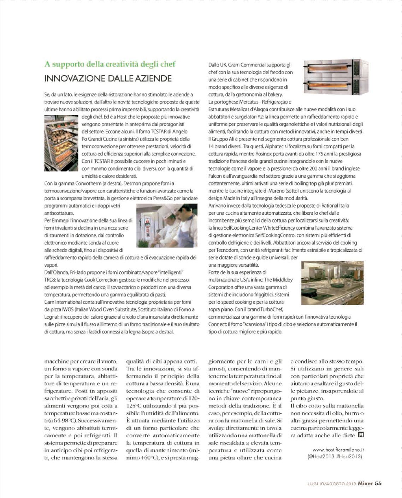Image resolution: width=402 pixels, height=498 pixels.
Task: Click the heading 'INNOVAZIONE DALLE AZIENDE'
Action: (x=108, y=78)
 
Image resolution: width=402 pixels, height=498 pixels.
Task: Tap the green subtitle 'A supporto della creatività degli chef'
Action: (x=110, y=64)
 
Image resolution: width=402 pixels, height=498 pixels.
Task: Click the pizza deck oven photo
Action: (x=335, y=77)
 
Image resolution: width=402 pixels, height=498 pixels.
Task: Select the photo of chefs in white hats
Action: (x=166, y=225)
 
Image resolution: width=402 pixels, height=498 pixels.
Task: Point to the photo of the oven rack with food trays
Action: (x=61, y=143)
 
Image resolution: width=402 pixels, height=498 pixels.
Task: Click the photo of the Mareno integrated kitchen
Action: (x=332, y=283)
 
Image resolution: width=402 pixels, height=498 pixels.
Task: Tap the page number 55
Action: (x=378, y=484)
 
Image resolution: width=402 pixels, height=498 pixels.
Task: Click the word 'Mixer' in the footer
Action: (x=365, y=484)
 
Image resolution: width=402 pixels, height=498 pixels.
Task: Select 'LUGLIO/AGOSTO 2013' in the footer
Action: (x=331, y=484)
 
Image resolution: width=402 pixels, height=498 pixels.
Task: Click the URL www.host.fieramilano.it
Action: (x=338, y=450)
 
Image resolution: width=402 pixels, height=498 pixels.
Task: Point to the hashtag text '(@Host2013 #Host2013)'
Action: (x=335, y=456)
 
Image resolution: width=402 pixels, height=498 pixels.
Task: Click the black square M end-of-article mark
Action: (x=361, y=435)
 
